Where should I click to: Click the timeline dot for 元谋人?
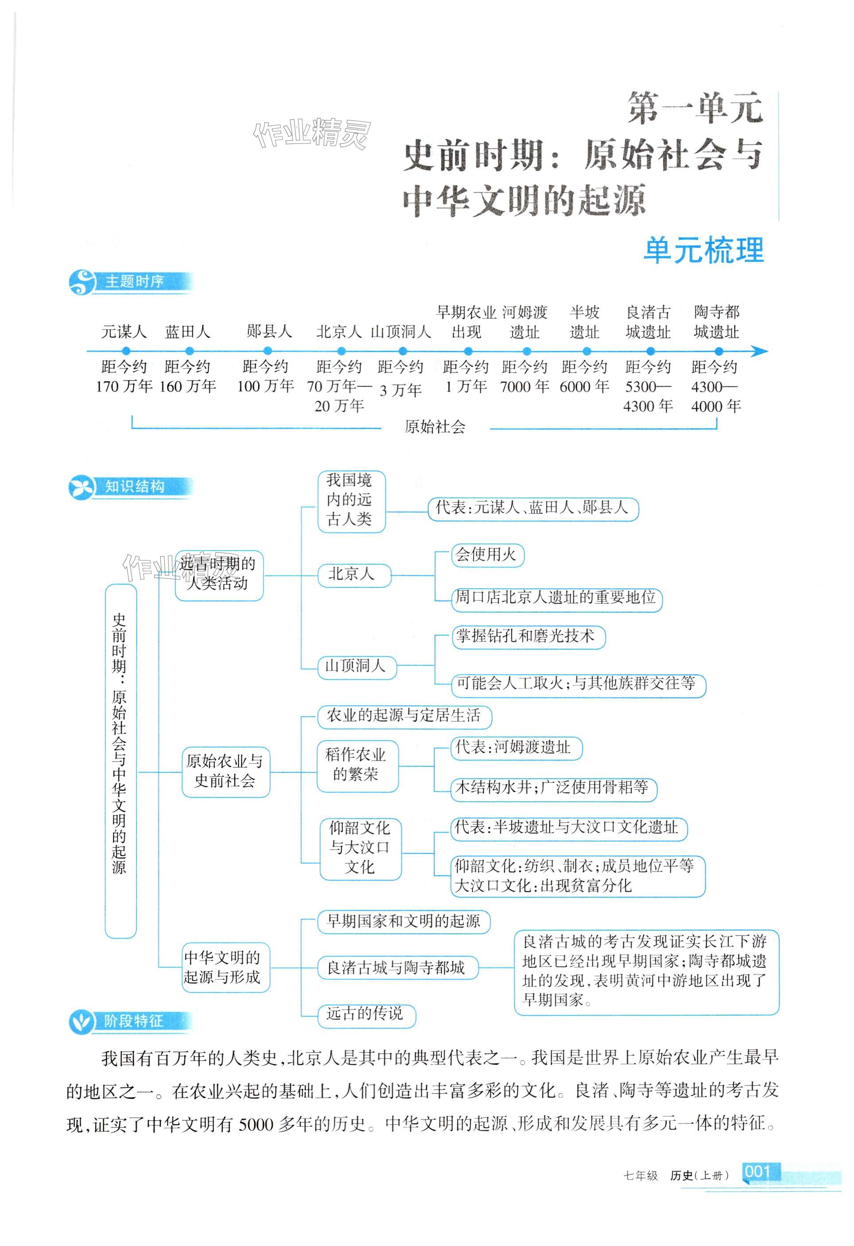pyautogui.click(x=125, y=352)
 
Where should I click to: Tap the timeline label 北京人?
pyautogui.click(x=339, y=332)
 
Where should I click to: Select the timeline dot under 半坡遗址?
pyautogui.click(x=586, y=352)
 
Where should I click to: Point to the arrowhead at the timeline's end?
pyautogui.click(x=760, y=352)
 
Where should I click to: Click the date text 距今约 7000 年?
pyautogui.click(x=524, y=377)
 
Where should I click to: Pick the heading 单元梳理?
pyautogui.click(x=703, y=250)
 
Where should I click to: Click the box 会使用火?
pyautogui.click(x=486, y=555)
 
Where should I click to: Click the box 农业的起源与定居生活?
pyautogui.click(x=404, y=716)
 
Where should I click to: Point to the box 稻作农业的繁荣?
pyautogui.click(x=357, y=765)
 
